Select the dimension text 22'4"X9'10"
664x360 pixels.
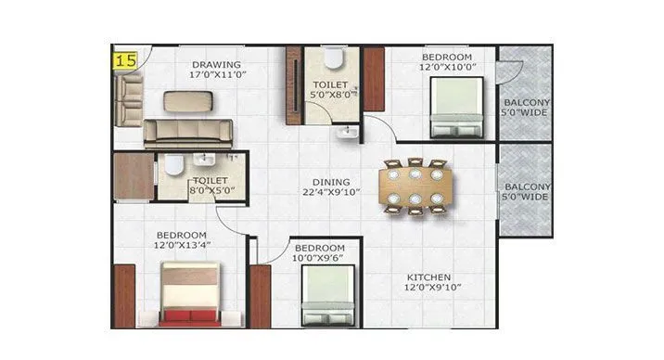pyautogui.click(x=331, y=193)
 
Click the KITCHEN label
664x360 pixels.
pyautogui.click(x=428, y=276)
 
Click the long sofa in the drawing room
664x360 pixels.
pyautogui.click(x=189, y=134)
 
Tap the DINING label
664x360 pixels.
pyautogui.click(x=331, y=182)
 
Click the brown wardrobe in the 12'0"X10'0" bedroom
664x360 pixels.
pyautogui.click(x=375, y=80)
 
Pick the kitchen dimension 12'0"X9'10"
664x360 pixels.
pyautogui.click(x=428, y=288)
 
